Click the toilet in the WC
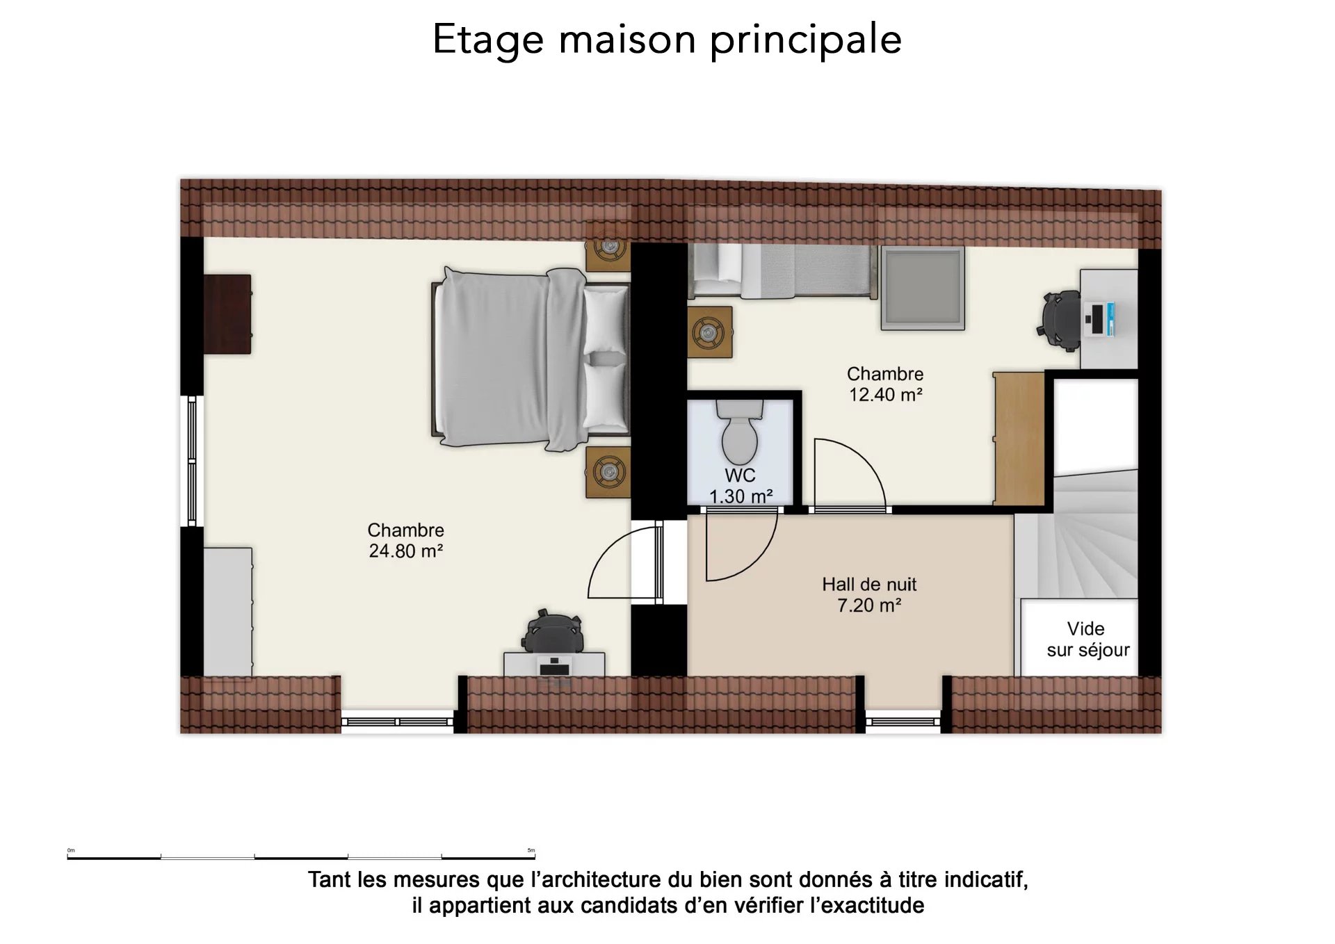739,431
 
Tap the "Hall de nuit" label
869,585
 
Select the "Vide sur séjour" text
1087,640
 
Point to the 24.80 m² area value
406,551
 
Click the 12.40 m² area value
885,395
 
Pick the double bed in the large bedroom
531,358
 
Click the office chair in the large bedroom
552,632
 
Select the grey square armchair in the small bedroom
923,288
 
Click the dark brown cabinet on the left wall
227,314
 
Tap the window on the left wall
192,461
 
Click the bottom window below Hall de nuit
903,722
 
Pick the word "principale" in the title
806,40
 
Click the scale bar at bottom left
301,857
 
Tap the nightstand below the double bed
608,473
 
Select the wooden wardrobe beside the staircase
1019,439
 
